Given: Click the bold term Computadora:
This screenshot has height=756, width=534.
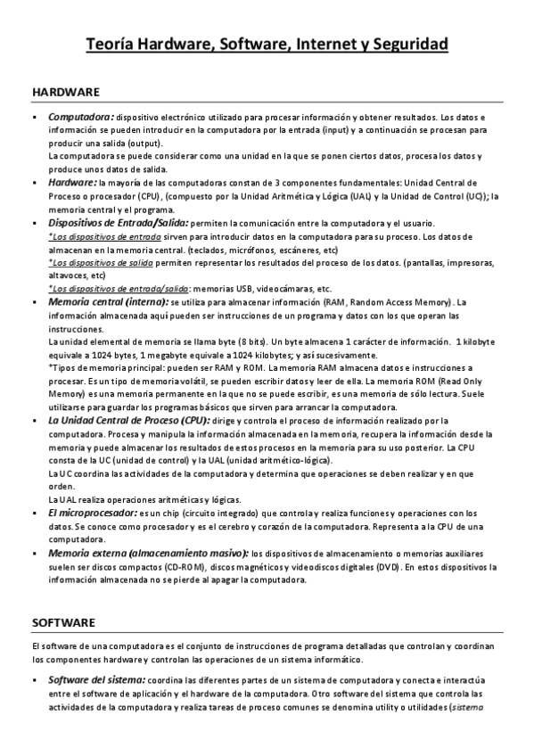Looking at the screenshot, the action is [80, 117].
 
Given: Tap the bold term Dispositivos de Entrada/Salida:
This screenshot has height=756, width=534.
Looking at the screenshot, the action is [118, 222].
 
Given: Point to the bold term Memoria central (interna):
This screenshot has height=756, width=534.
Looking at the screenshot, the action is [108, 302].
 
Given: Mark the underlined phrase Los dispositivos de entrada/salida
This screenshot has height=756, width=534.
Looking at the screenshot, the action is [119, 289].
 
